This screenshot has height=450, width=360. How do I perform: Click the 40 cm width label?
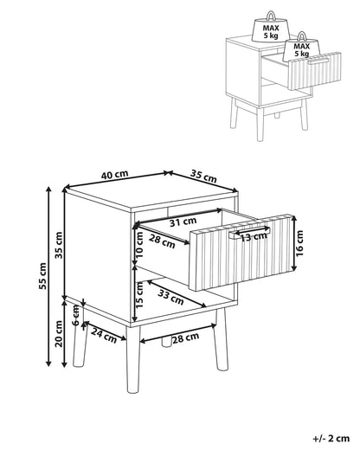[x=114, y=175]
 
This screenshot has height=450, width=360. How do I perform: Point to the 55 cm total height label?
[x=42, y=276]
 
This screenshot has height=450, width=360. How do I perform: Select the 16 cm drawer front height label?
[x=299, y=243]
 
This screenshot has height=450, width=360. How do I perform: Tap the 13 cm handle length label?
[x=254, y=237]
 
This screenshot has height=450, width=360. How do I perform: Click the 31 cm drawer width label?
[x=183, y=222]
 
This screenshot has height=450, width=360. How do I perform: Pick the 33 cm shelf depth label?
[x=170, y=297]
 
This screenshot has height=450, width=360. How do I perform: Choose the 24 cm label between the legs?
[x=104, y=336]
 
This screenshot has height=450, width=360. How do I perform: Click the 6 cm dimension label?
[x=75, y=315]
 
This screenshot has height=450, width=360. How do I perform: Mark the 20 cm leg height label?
[x=59, y=334]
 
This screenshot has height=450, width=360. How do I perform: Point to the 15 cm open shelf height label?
[x=139, y=295]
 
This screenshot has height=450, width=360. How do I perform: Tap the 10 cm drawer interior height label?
[x=139, y=245]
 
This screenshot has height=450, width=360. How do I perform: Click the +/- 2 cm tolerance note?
[x=331, y=439]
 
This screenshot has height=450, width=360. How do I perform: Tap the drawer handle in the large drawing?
[x=249, y=233]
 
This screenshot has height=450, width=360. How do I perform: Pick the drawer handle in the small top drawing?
[x=318, y=61]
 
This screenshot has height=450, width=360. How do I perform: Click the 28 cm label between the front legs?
[x=186, y=337]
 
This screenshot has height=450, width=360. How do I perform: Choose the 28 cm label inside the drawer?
[x=162, y=241]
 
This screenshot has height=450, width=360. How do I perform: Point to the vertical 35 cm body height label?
[x=59, y=245]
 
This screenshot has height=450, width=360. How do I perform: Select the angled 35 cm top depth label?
[x=203, y=176]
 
